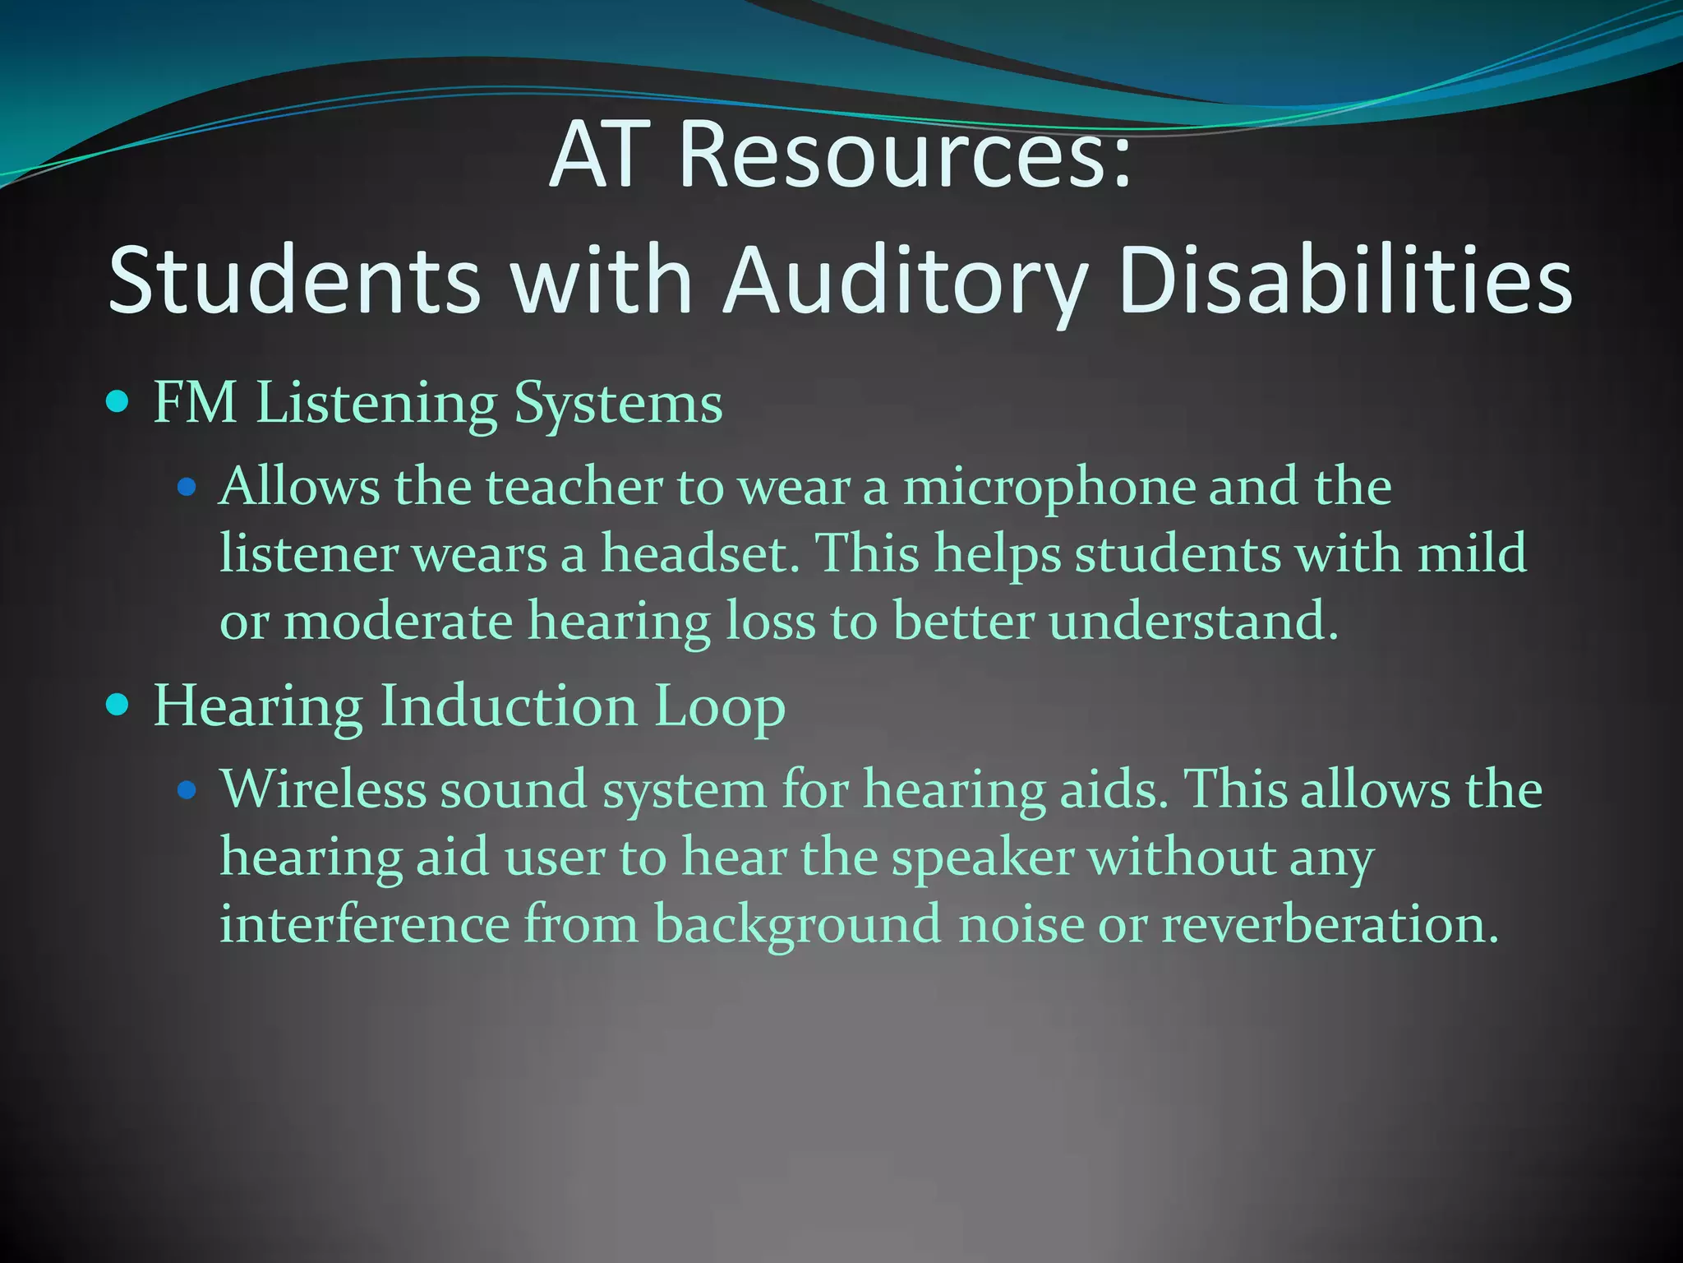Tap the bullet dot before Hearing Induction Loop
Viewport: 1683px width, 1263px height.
[119, 705]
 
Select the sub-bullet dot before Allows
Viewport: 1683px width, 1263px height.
[188, 487]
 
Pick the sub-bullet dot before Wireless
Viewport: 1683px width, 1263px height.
[188, 790]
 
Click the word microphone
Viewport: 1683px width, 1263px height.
[1048, 487]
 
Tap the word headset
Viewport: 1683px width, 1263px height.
[700, 553]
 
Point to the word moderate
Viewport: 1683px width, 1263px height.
[399, 621]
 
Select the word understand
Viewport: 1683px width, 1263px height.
[1193, 621]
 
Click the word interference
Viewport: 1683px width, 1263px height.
[364, 924]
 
